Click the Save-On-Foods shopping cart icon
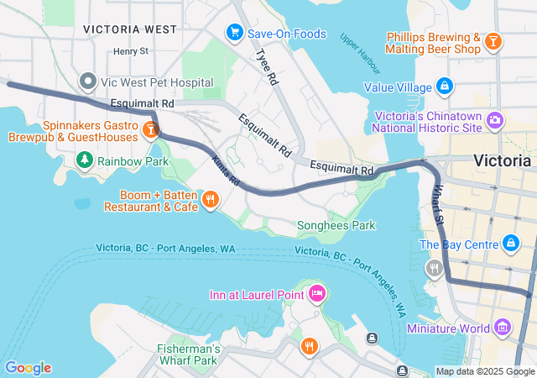234,32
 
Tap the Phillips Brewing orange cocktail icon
494,40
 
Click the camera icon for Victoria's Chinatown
495,120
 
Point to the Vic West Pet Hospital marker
88,81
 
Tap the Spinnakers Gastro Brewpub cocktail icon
150,129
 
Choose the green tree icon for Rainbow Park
84,160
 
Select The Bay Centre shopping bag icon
510,244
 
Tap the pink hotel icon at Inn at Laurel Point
317,294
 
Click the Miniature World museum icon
503,327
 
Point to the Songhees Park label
336,225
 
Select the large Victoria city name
502,160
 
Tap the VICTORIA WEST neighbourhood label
130,29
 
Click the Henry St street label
131,51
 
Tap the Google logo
28,368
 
